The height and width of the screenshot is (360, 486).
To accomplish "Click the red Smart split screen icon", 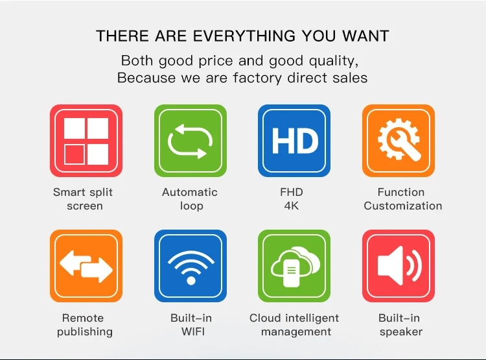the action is coord(86,141).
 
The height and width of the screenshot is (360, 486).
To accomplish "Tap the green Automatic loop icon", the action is coord(191,141).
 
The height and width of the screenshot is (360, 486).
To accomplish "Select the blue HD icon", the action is coord(294,141).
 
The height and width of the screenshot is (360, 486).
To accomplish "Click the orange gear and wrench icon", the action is coord(399,141).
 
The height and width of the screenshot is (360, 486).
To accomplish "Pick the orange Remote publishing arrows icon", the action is coord(86,266).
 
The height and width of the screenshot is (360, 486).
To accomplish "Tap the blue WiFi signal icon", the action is coord(191,266).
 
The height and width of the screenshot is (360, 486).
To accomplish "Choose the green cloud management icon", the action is coord(294,266).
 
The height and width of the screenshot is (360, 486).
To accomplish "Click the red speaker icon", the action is coord(399,266).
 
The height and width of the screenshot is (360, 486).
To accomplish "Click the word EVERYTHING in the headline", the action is coord(244,36).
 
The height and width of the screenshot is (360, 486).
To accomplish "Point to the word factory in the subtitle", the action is coord(257,78).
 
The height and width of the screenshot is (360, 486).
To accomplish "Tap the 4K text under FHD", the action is coord(292,206).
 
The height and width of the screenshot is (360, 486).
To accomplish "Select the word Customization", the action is coord(403,206).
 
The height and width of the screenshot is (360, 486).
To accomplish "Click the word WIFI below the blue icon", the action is coord(193,331).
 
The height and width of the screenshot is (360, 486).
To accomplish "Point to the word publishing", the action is coord(85,332).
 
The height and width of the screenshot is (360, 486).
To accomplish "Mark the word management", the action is coord(296,332).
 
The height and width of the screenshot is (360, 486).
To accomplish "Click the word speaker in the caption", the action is coord(401,332).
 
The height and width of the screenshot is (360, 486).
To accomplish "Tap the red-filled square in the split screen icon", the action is coord(75,154).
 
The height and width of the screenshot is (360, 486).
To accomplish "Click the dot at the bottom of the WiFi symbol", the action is coord(191,281).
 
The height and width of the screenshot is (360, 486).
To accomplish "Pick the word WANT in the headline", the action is coord(365,36).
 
